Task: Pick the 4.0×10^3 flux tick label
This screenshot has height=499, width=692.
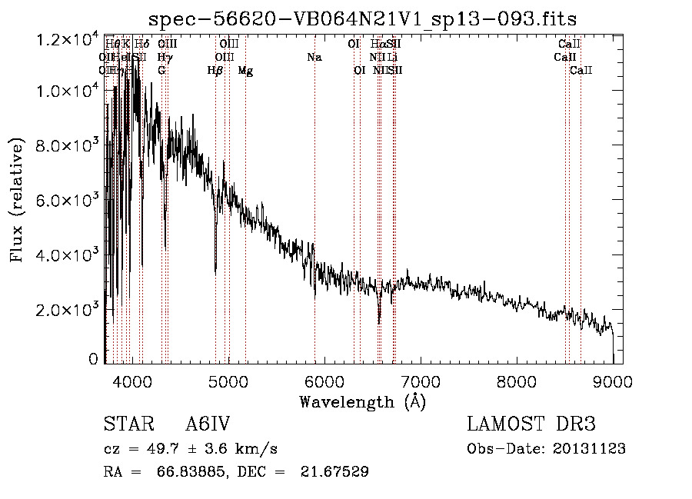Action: [x=68, y=254]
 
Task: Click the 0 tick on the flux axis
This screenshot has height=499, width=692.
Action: [x=94, y=359]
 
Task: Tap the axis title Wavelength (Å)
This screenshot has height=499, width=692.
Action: [x=362, y=401]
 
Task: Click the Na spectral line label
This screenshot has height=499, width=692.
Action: [x=314, y=57]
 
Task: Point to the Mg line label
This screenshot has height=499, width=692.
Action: [x=245, y=71]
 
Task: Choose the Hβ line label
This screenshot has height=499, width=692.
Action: [x=215, y=71]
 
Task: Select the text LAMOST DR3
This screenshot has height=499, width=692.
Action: [x=531, y=424]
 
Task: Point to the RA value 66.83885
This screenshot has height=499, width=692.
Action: [x=176, y=471]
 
